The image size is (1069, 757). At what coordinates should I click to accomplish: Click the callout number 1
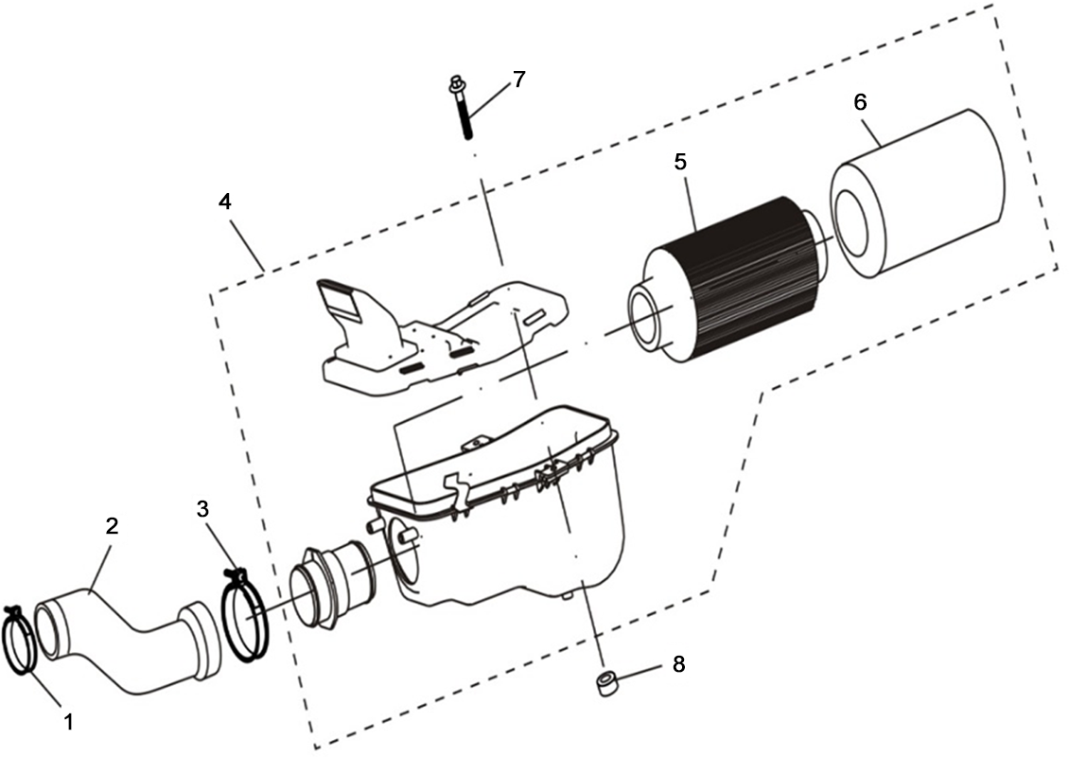[69, 722]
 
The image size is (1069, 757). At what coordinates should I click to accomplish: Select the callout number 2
[112, 525]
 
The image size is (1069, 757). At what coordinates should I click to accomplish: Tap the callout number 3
[202, 509]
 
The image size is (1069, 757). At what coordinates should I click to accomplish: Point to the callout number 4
[224, 202]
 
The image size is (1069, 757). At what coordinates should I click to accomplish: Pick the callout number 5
[679, 163]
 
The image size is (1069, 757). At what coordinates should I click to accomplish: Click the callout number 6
[860, 102]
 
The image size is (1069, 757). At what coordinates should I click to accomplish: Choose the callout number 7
[518, 79]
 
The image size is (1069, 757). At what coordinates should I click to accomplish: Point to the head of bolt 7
[454, 84]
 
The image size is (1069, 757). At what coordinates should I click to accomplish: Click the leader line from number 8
[640, 673]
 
